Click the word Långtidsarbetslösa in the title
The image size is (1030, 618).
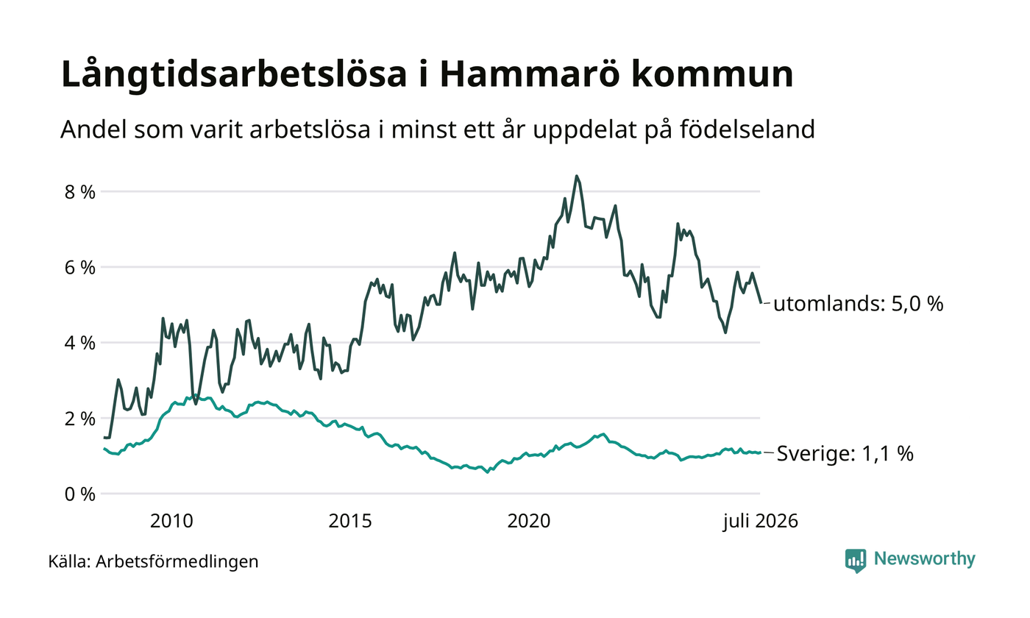click(234, 74)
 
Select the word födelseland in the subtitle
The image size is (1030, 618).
click(747, 129)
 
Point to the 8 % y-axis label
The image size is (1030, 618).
click(80, 192)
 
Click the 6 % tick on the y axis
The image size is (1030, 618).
click(80, 267)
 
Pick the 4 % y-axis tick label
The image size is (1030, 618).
click(80, 343)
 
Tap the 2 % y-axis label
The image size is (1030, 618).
click(80, 419)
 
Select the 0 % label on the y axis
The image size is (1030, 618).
click(80, 494)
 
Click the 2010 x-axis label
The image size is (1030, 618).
click(171, 521)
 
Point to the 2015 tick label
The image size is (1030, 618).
click(350, 521)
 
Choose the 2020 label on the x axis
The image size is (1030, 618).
click(529, 521)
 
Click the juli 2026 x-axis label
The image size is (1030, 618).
click(760, 522)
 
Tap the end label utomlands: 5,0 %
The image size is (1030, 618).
click(858, 304)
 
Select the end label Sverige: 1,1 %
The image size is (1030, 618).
click(845, 454)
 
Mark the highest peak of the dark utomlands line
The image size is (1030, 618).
click(577, 176)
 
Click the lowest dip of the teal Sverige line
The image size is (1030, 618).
click(488, 472)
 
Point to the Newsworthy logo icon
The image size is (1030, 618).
click(855, 561)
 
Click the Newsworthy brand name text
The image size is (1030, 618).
click(924, 558)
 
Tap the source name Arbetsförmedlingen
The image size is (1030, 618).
click(177, 561)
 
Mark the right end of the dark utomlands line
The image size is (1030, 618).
click(761, 302)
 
